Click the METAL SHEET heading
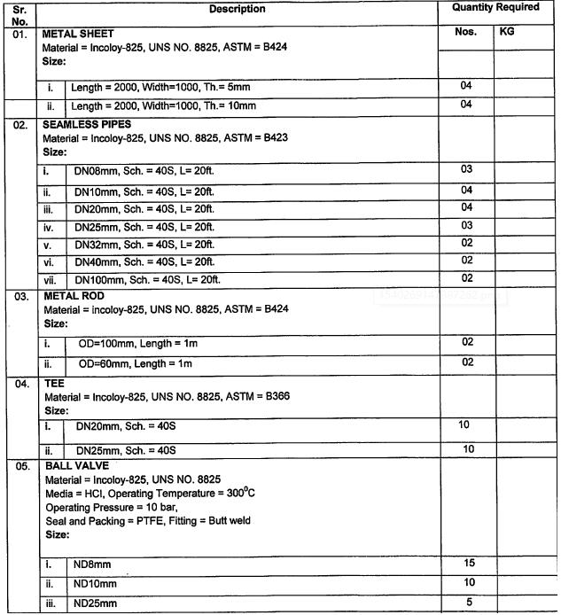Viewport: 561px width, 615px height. point(79,34)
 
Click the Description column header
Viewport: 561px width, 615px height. point(238,9)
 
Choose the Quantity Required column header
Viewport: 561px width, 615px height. point(495,7)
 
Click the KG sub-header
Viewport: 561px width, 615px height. point(507,31)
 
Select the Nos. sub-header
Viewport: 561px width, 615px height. point(465,31)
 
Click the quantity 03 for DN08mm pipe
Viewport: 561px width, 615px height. point(467,169)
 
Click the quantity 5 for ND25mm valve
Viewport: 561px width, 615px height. point(469,603)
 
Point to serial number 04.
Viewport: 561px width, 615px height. point(20,385)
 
